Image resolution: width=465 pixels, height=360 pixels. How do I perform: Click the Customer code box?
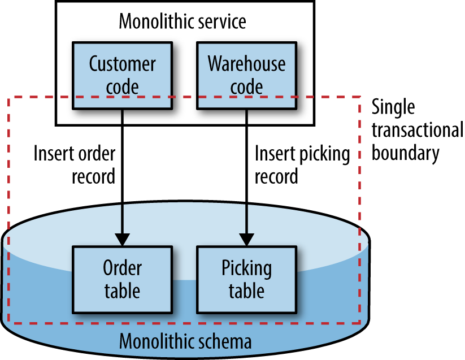122,75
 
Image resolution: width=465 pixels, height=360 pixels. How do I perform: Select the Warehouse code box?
246,75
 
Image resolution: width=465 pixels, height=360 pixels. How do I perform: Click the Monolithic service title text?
182,22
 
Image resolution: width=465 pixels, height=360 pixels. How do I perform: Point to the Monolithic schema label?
185,342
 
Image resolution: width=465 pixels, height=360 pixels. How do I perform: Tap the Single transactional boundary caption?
417,130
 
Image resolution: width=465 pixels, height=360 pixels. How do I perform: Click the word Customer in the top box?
122,64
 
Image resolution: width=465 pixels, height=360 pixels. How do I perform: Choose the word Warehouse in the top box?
246,64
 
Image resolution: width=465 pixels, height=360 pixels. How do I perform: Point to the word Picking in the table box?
246,268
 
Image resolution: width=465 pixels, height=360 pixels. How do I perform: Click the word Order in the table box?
122,267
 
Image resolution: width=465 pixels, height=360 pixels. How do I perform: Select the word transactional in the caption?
417,131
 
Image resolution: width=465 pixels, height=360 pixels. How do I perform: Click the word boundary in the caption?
405,153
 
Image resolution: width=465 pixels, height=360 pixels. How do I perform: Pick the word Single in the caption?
393,107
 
